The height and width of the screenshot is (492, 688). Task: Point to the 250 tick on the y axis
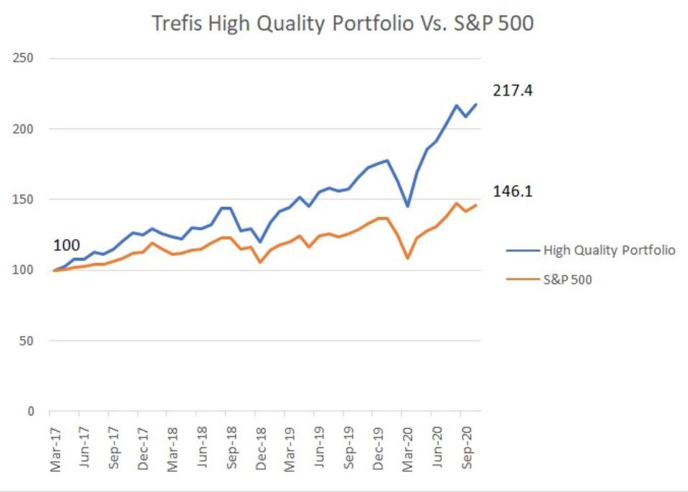point(26,59)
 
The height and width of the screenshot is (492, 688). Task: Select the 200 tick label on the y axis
point(26,129)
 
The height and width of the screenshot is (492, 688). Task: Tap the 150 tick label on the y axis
point(26,200)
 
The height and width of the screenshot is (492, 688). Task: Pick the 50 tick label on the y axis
point(29,341)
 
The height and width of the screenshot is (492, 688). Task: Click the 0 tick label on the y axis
point(32,412)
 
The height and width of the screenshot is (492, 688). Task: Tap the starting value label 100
point(67,246)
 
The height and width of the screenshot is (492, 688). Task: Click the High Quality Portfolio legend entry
point(608,250)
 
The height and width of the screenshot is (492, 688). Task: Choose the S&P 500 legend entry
point(567,280)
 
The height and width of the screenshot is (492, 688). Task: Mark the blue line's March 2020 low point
point(408,206)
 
